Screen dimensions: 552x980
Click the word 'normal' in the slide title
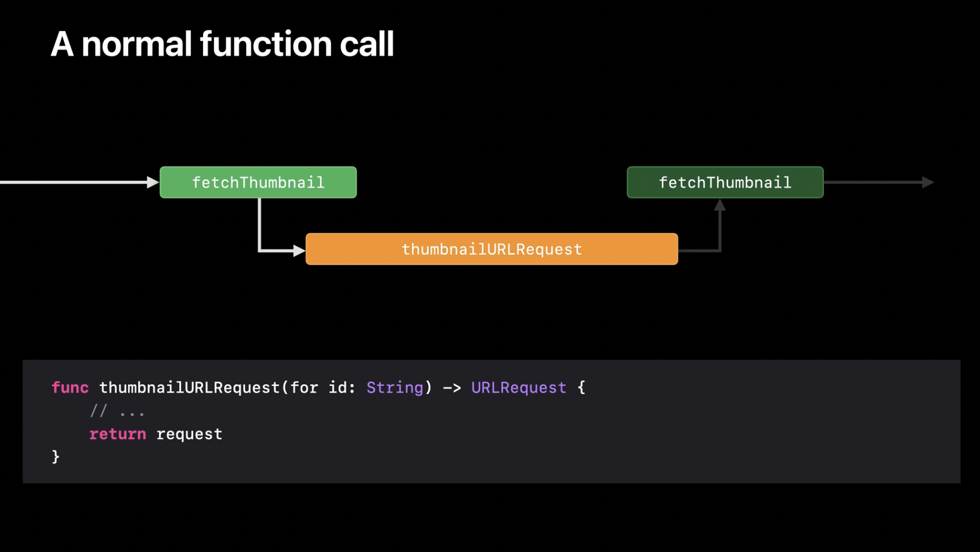[x=136, y=44]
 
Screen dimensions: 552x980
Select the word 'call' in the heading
[x=367, y=44]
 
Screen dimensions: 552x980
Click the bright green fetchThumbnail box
[x=258, y=182]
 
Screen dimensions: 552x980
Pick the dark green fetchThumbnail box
[x=725, y=182]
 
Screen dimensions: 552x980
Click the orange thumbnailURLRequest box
[x=492, y=249]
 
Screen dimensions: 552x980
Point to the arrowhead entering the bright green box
[x=153, y=182]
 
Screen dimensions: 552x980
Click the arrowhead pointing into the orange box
[x=299, y=251]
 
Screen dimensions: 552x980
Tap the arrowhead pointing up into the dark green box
[x=720, y=205]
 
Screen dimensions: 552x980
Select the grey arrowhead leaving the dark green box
[x=928, y=182]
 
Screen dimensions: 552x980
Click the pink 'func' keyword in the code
[x=70, y=387]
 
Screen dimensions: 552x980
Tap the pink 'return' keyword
[x=117, y=434]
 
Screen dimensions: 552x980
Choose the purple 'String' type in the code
[x=395, y=387]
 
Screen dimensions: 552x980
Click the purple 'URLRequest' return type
[x=519, y=387]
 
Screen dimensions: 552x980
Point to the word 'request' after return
[x=189, y=434]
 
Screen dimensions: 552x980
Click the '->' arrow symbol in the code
[x=452, y=388]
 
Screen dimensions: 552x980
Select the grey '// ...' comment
[x=117, y=411]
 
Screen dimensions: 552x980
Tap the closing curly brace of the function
[x=56, y=457]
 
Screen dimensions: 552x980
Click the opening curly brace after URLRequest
[x=582, y=387]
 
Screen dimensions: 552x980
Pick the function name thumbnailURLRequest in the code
[x=190, y=387]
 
